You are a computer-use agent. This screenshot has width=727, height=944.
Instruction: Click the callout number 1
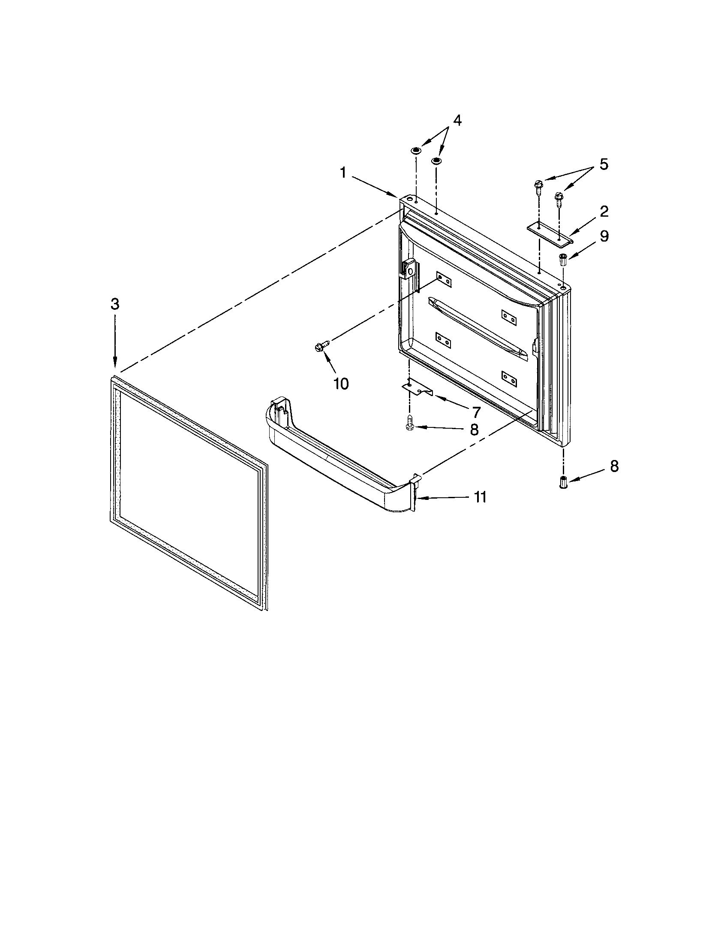click(x=343, y=173)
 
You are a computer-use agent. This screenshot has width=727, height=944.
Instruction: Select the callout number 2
click(x=604, y=212)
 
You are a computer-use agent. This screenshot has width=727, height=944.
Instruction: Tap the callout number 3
click(x=114, y=304)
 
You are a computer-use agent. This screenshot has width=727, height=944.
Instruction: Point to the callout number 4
click(x=457, y=121)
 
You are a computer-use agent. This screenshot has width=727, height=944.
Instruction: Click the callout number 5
click(x=604, y=164)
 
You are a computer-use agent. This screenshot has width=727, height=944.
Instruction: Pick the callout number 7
click(x=476, y=412)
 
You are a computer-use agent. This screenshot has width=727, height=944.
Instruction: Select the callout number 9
click(x=604, y=236)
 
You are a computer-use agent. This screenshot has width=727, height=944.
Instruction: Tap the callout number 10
click(x=341, y=383)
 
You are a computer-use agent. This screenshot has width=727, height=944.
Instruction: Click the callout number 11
click(x=480, y=497)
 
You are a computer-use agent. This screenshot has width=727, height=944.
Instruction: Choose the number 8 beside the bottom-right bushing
click(x=614, y=466)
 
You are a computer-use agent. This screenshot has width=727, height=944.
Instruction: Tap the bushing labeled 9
click(x=563, y=260)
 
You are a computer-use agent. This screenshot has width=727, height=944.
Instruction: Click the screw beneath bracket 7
click(x=409, y=423)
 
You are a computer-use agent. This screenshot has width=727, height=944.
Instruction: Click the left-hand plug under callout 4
click(x=415, y=151)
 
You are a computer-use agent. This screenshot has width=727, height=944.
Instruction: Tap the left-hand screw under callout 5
click(x=538, y=186)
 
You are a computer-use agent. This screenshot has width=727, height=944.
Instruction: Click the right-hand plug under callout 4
click(x=436, y=161)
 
